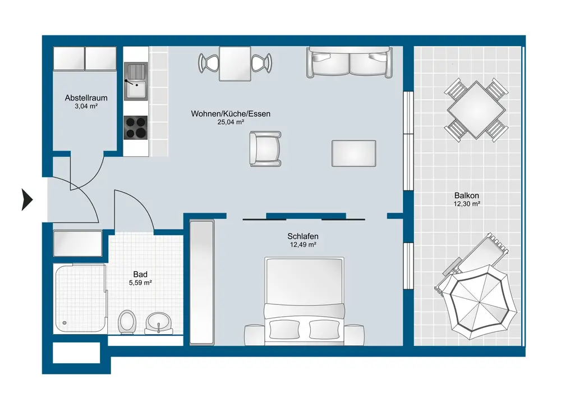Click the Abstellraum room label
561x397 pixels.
(x=86, y=98)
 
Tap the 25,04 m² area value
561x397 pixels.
(x=231, y=122)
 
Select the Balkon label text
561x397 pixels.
(x=467, y=195)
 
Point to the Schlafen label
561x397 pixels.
(x=303, y=236)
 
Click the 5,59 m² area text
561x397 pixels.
(x=140, y=283)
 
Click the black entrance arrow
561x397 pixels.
(x=27, y=199)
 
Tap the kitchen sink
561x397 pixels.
(x=136, y=81)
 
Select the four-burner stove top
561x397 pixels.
(x=136, y=127)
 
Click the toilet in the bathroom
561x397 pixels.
(x=127, y=322)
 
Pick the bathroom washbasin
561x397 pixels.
(x=159, y=323)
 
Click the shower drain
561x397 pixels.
(x=65, y=323)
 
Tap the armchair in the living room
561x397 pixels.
(x=265, y=149)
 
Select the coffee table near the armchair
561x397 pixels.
(x=353, y=153)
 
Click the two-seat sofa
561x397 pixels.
(x=349, y=62)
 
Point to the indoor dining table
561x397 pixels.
(x=235, y=63)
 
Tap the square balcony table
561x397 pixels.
(x=476, y=110)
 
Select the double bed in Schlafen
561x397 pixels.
(x=304, y=301)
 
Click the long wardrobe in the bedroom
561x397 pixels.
(x=202, y=283)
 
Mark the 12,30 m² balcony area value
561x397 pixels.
(x=467, y=204)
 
